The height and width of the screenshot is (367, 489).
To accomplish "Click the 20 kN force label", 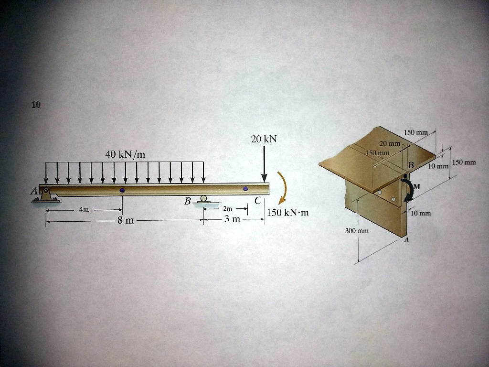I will (264, 139).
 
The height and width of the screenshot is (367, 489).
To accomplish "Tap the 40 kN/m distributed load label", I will (125, 154).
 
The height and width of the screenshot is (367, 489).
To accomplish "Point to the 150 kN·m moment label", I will (287, 212).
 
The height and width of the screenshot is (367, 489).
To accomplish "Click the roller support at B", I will (204, 199).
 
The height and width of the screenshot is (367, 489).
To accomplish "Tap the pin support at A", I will (46, 195).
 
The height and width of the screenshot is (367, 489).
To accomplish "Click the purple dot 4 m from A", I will (122, 190).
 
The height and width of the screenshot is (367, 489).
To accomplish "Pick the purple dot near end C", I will (245, 189).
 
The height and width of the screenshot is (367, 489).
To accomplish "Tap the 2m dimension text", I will (227, 209).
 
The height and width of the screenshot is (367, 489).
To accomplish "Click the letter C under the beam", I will (257, 201).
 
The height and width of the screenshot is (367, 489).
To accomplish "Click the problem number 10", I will (36, 105).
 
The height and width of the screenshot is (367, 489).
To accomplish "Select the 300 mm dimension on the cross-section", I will (357, 231).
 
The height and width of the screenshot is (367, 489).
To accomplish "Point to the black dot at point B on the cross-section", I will (405, 176).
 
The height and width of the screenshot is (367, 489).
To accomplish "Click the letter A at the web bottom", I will (407, 240).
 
